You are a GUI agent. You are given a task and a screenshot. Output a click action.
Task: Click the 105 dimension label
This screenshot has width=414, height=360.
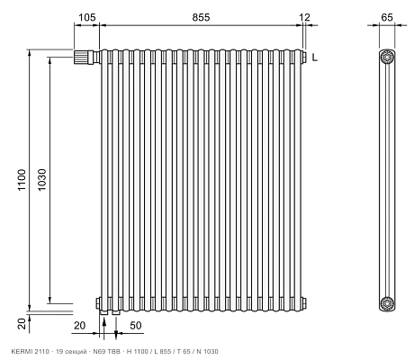click(x=86, y=17)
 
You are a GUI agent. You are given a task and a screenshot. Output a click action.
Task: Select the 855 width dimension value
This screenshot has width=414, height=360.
click(x=201, y=17)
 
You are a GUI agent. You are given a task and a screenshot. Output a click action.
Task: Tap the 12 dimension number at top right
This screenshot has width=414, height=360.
click(x=304, y=17)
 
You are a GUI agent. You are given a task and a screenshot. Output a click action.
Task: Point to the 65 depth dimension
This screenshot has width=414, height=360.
click(x=387, y=17)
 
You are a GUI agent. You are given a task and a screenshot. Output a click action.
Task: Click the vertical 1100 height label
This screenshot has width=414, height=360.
click(x=22, y=180)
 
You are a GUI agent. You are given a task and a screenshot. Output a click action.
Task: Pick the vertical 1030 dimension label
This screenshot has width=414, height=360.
click(x=42, y=180)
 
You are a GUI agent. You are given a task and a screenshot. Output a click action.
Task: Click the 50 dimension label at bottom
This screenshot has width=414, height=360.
click(x=136, y=326)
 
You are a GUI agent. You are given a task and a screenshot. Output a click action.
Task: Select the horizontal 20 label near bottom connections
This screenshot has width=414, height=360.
click(x=79, y=326)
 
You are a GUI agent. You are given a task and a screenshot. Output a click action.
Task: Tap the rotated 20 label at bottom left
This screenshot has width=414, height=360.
click(x=22, y=324)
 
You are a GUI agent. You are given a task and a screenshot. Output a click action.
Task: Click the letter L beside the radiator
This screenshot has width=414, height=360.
click(x=314, y=57)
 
